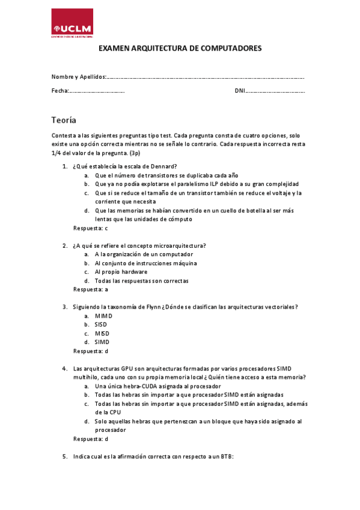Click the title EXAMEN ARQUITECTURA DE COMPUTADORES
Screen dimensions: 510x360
[180, 48]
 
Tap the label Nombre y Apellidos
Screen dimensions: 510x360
[78, 77]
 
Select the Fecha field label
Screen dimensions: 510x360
[60, 91]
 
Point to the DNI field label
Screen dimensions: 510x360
[239, 91]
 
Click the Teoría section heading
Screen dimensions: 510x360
[64, 120]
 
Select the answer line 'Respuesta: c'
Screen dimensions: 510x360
[90, 228]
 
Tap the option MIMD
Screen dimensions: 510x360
[103, 316]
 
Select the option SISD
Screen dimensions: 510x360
[101, 324]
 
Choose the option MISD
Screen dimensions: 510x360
[102, 333]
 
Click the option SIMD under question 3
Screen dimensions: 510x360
[102, 342]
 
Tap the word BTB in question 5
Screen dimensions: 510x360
[226, 456]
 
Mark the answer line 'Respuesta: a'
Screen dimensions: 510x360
[90, 289]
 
